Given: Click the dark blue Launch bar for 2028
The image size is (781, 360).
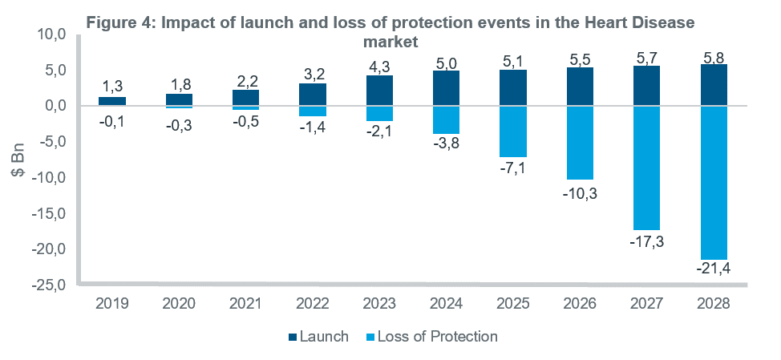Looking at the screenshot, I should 714,85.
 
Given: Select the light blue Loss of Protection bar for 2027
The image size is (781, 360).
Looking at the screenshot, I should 647,168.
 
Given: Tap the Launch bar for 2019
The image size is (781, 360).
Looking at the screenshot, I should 112,101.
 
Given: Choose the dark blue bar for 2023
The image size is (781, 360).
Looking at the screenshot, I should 380,91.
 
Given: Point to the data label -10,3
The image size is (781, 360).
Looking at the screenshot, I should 581,192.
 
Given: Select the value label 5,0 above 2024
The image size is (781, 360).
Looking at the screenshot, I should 447,58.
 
